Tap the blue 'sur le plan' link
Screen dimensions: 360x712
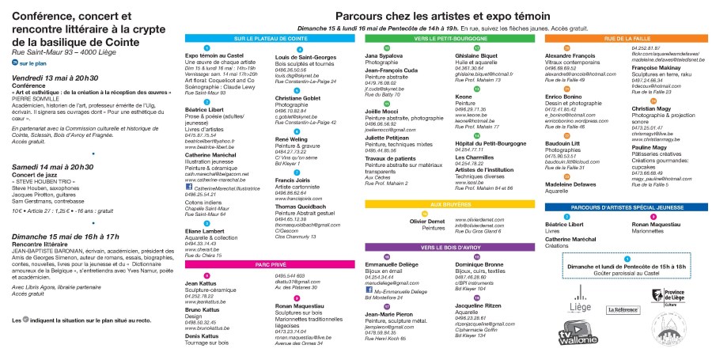point(34,63)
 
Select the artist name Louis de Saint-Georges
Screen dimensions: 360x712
point(305,57)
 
